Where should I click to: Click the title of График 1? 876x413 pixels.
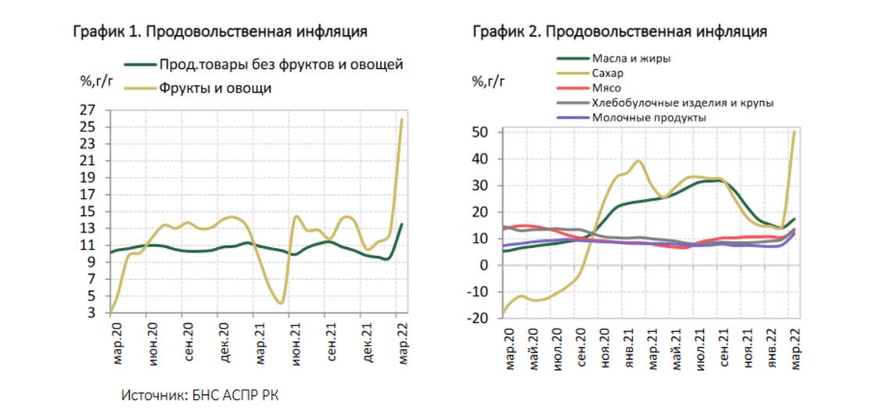[220, 32]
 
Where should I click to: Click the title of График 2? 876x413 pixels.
[619, 32]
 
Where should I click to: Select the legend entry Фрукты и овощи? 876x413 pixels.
[215, 88]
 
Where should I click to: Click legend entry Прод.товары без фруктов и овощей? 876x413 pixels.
[281, 64]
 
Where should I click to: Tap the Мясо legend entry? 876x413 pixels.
[607, 88]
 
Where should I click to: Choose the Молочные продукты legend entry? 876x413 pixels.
[649, 117]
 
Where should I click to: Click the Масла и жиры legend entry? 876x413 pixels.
[631, 59]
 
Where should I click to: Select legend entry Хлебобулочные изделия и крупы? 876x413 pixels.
[683, 102]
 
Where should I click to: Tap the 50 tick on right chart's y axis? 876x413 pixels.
[480, 132]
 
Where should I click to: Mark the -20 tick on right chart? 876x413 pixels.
[478, 318]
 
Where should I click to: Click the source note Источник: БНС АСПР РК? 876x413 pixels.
[199, 394]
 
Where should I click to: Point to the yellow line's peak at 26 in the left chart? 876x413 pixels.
[402, 119]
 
